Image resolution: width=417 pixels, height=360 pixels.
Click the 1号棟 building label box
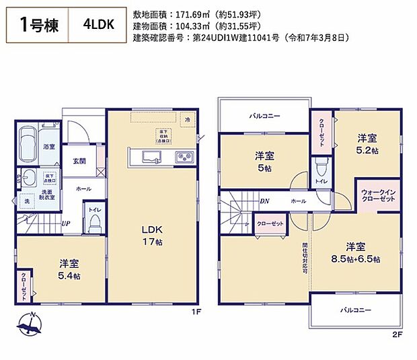38,26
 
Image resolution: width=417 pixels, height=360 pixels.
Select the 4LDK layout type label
98,26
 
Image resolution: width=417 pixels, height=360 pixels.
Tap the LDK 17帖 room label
151,235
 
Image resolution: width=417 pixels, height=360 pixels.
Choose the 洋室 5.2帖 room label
367,143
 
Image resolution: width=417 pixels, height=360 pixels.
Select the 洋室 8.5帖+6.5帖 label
356,252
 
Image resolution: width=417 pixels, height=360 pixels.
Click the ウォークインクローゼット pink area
378,194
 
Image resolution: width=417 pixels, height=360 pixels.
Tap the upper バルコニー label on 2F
264,116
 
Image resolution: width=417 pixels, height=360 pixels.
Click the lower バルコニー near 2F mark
356,310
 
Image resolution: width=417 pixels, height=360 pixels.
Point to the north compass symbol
30,326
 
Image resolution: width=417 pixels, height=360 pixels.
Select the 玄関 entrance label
79,161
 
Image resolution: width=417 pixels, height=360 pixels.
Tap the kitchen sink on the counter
149,157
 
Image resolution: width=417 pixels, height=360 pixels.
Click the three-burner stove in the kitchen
184,157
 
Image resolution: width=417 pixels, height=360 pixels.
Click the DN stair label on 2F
264,201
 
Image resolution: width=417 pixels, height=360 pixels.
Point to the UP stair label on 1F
66,224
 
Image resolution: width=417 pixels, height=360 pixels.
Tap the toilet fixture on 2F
321,164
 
